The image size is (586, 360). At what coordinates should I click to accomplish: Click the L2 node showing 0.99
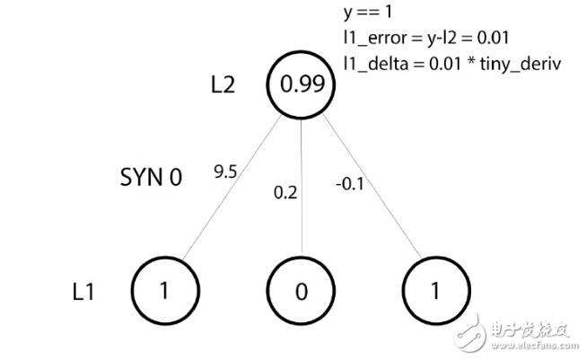coord(302,86)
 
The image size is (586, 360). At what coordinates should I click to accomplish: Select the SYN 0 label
coord(151,177)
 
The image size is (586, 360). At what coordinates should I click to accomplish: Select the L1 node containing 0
coord(302,293)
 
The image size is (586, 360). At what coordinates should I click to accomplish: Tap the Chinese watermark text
coord(536,325)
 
